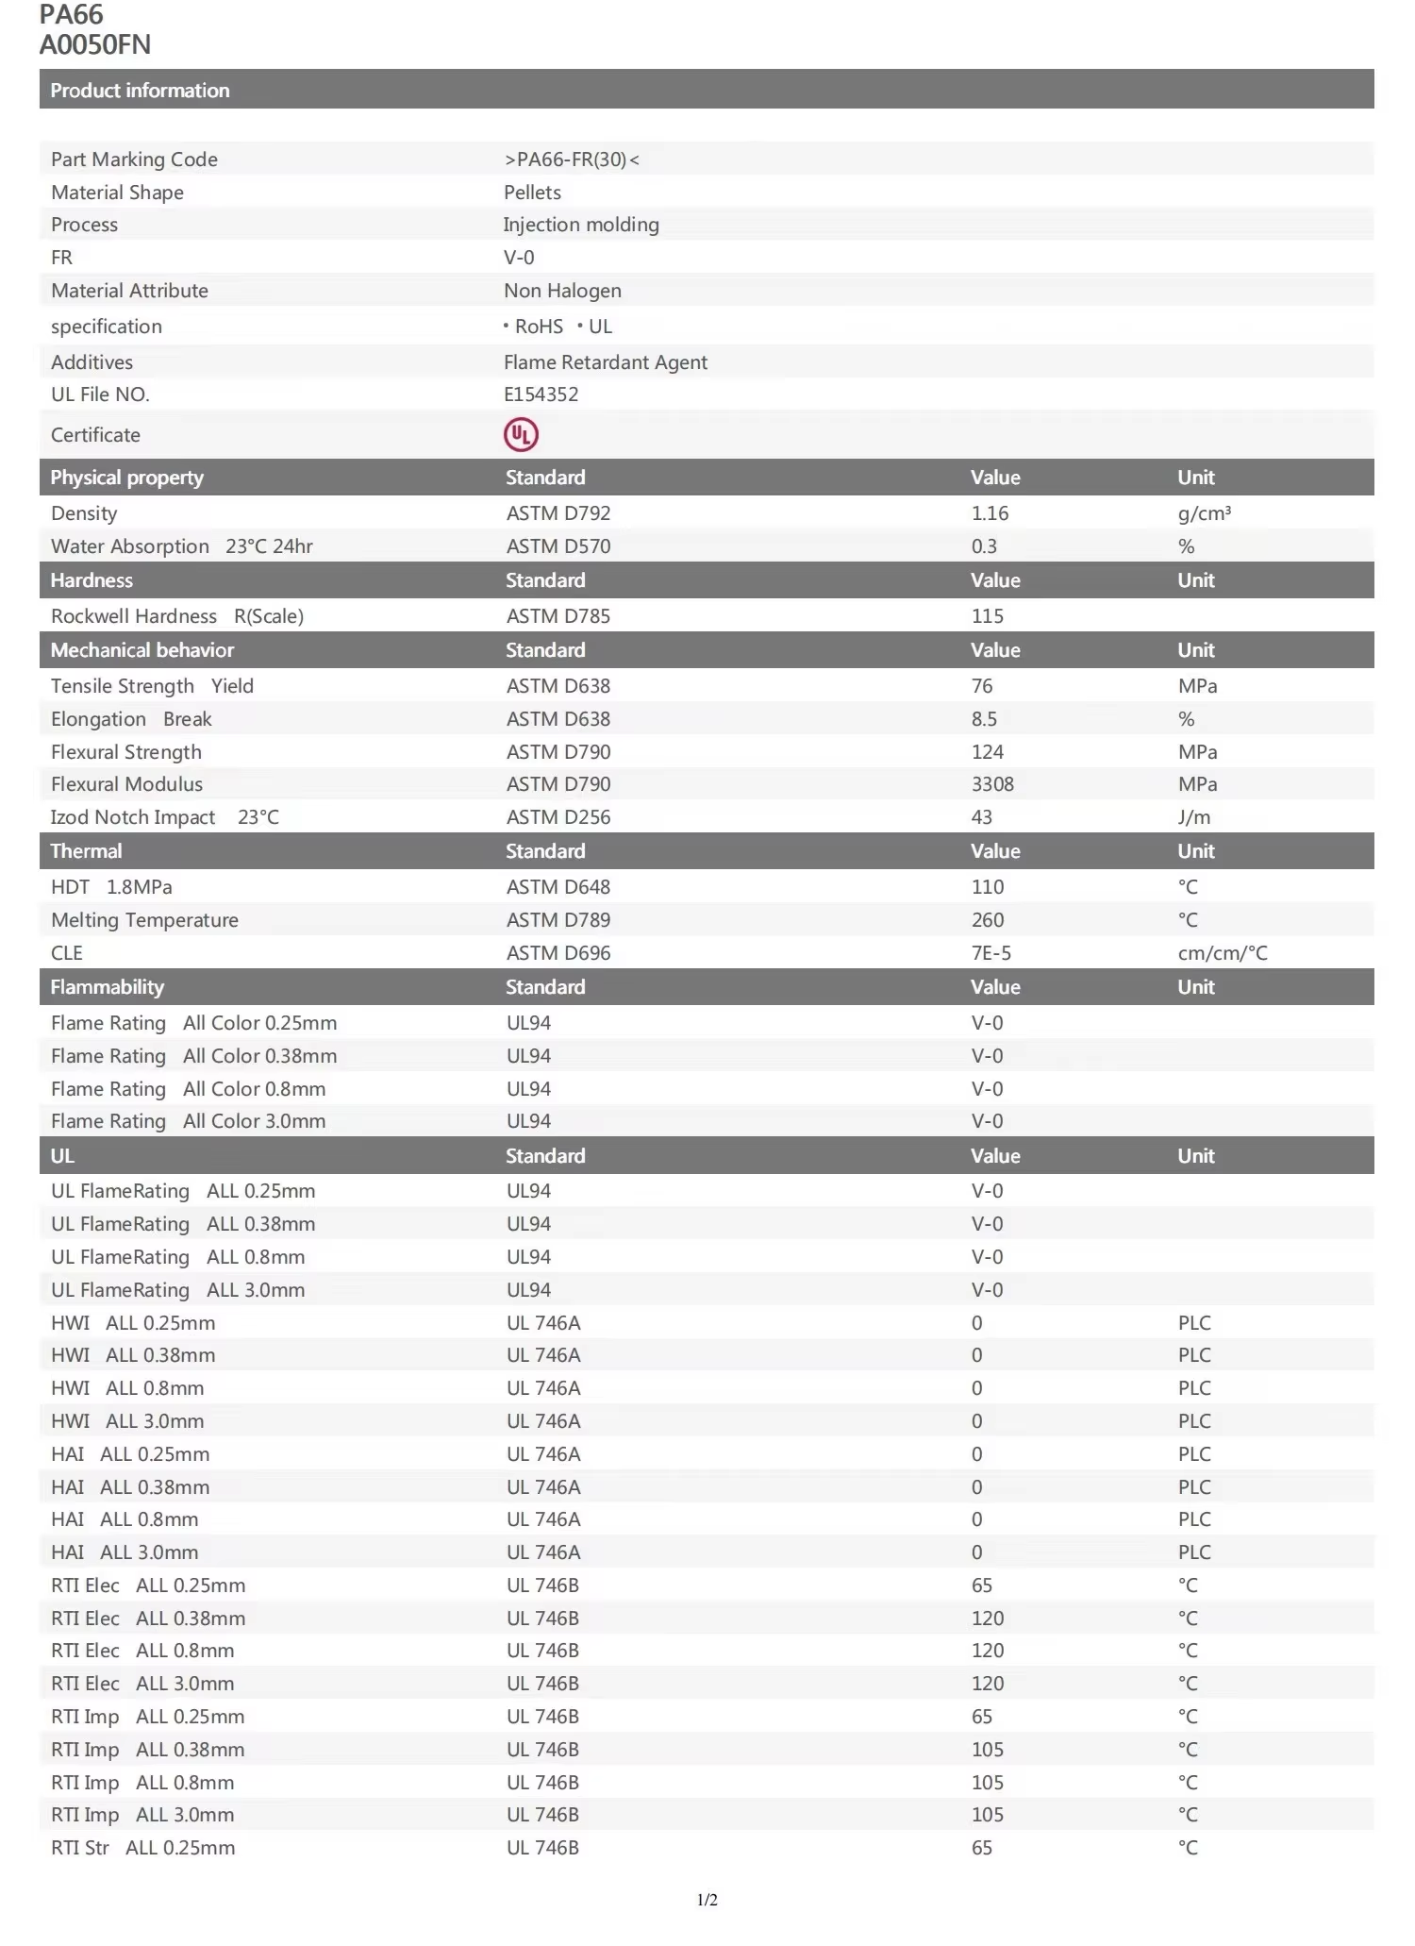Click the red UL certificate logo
521,434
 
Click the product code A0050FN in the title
95,44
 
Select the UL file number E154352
541,394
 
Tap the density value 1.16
990,513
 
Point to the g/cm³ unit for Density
1204,513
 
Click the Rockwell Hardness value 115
987,616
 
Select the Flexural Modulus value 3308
992,784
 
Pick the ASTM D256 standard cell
558,817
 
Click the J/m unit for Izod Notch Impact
1193,817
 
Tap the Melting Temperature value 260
987,920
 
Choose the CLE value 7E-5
990,953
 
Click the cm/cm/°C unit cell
1222,953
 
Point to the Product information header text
140,91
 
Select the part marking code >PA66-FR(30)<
572,159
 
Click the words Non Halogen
562,291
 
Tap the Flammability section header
107,987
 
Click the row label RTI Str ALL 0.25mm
142,1848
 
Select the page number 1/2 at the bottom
707,1900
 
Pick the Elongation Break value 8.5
984,719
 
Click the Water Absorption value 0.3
984,546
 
